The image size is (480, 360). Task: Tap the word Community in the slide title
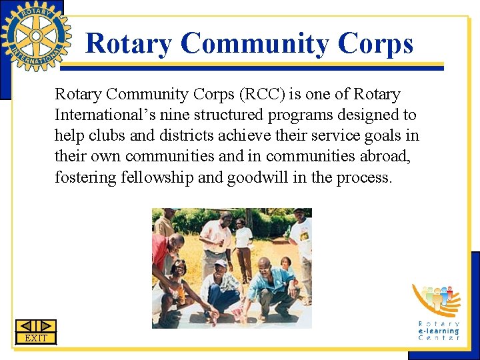pos(255,44)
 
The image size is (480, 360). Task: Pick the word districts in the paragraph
pos(186,136)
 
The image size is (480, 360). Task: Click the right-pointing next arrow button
pos(46,326)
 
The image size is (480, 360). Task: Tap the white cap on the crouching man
pos(220,263)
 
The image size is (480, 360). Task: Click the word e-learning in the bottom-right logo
pos(439,331)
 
